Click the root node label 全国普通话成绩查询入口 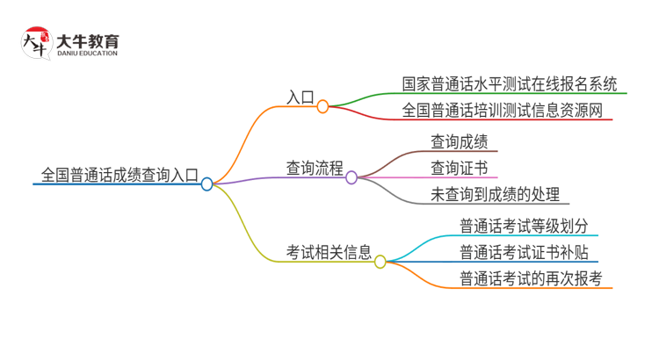(x=118, y=173)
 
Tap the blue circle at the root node (x=206, y=184)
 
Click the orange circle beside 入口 (x=322, y=106)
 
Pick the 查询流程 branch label (x=315, y=168)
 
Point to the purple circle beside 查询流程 (x=351, y=177)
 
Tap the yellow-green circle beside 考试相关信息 (x=380, y=262)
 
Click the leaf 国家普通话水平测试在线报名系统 (x=510, y=84)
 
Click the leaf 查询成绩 (x=459, y=141)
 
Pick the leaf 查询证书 (x=459, y=168)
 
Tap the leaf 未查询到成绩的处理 (x=495, y=195)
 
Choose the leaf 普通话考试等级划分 (x=524, y=226)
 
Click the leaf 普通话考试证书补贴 (x=524, y=253)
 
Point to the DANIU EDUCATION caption (x=87, y=54)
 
